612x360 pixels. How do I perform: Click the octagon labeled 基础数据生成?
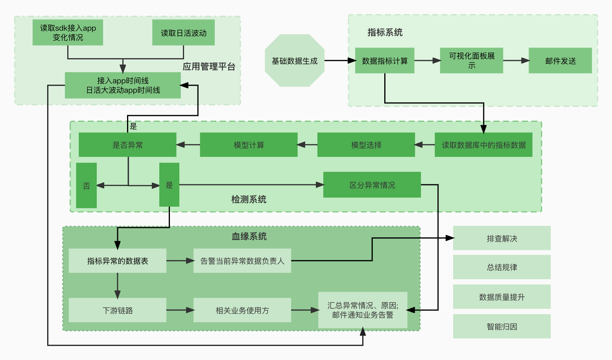pyautogui.click(x=295, y=61)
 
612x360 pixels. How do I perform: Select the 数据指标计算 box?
pyautogui.click(x=385, y=61)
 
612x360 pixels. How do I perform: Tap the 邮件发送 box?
pyautogui.click(x=560, y=61)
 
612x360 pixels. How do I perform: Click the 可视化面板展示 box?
pyautogui.click(x=472, y=61)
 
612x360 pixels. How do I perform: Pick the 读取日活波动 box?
pyautogui.click(x=183, y=33)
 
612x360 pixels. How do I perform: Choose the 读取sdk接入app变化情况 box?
pyautogui.click(x=68, y=33)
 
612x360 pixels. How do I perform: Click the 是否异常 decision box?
pyautogui.click(x=127, y=145)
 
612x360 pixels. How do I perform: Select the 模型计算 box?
pyautogui.click(x=249, y=145)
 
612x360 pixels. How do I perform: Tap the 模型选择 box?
pyautogui.click(x=366, y=145)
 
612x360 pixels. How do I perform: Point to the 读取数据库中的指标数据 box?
pyautogui.click(x=484, y=145)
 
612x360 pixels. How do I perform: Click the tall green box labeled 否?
pyautogui.click(x=87, y=186)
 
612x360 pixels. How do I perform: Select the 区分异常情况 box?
pyautogui.click(x=372, y=185)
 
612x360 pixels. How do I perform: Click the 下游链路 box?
pyautogui.click(x=118, y=310)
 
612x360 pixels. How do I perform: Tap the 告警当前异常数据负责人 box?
pyautogui.click(x=242, y=261)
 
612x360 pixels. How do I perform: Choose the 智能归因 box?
pyautogui.click(x=502, y=327)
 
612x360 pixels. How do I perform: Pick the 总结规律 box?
pyautogui.click(x=502, y=267)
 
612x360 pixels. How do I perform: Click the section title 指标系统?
pyautogui.click(x=385, y=33)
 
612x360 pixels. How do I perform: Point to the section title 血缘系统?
pyautogui.click(x=249, y=236)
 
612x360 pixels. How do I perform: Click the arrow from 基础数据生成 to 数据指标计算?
pyautogui.click(x=341, y=61)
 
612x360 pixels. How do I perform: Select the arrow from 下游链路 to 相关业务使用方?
pyautogui.click(x=180, y=310)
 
